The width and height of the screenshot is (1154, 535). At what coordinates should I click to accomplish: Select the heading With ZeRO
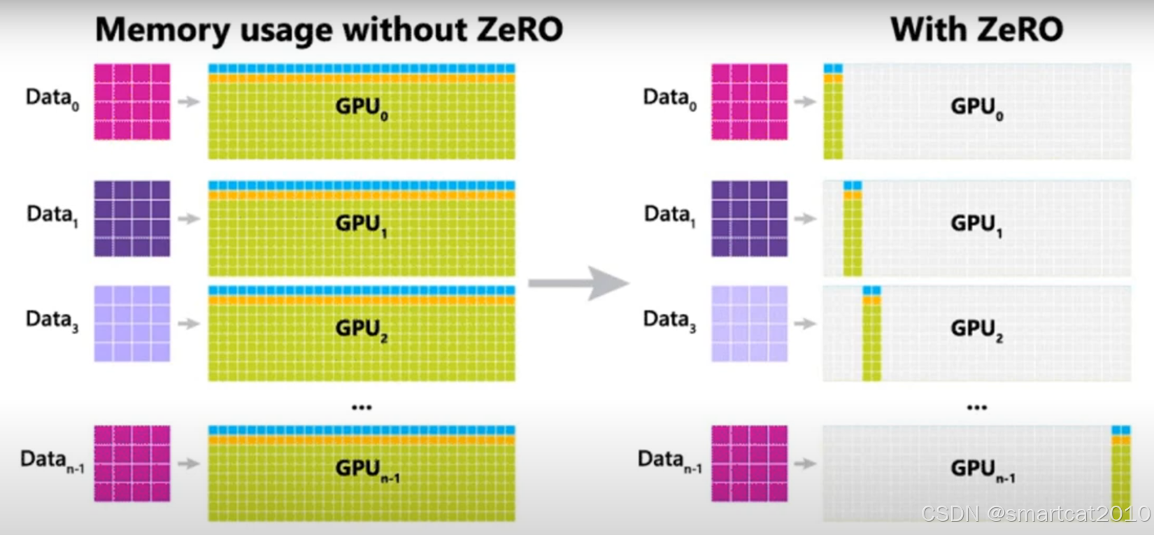976,30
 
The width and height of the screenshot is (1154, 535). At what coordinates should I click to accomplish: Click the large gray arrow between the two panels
578,283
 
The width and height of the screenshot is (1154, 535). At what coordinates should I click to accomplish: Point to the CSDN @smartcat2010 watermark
1035,513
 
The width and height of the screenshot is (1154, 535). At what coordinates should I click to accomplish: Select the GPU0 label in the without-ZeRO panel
361,108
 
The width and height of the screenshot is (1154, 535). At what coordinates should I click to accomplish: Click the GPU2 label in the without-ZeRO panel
361,329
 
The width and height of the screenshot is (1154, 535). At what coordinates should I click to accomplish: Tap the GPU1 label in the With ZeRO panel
976,224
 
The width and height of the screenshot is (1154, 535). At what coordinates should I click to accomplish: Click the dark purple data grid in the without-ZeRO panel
132,218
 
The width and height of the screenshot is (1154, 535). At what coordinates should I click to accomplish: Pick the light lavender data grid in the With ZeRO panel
749,323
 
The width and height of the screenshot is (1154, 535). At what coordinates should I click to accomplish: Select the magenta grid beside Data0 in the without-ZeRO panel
132,101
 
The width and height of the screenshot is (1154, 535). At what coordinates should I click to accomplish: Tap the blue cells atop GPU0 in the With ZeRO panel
833,69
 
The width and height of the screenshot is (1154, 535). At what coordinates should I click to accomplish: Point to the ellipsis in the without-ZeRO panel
362,407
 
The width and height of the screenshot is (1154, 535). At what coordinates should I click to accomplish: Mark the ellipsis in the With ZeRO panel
976,407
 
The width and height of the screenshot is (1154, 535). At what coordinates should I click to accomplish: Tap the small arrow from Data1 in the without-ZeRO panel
188,219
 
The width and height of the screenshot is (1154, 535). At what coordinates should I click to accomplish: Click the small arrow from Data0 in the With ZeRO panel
805,102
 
